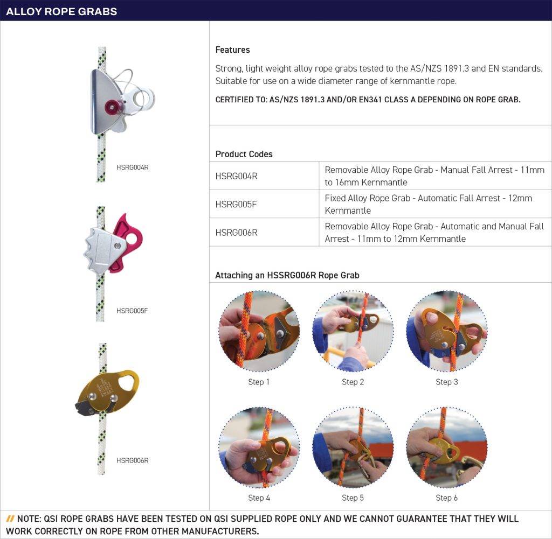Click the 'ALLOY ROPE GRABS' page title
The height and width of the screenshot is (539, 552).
61,11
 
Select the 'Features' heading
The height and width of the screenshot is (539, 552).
232,50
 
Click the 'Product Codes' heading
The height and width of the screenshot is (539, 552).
244,154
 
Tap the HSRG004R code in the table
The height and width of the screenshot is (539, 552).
236,176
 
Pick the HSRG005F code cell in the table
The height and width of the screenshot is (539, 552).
236,204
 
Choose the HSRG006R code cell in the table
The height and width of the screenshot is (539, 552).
236,233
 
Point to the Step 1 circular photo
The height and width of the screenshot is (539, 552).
259,331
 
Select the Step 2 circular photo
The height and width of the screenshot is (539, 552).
353,331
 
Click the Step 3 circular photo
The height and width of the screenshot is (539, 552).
446,331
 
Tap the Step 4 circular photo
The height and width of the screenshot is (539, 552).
259,447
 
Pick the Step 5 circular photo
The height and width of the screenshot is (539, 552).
353,447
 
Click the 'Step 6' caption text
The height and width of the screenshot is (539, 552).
446,498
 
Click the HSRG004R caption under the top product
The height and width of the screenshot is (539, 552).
132,167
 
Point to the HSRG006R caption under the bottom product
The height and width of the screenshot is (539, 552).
132,460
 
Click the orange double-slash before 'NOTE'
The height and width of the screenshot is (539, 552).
10,519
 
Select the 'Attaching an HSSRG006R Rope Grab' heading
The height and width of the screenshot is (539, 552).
287,275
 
